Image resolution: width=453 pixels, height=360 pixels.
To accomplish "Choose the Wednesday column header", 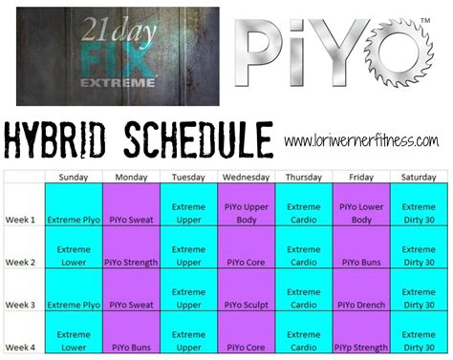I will (248, 177).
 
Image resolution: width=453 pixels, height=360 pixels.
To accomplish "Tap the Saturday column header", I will (417, 177).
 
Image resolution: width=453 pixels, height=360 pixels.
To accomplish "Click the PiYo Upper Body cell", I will (248, 213).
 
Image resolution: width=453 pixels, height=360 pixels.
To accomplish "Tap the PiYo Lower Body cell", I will (360, 213).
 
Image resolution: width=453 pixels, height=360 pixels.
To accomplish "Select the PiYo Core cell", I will (248, 262).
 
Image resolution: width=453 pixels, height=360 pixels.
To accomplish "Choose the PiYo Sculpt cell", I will (248, 305).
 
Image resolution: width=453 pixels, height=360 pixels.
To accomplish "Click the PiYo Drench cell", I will (360, 305).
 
